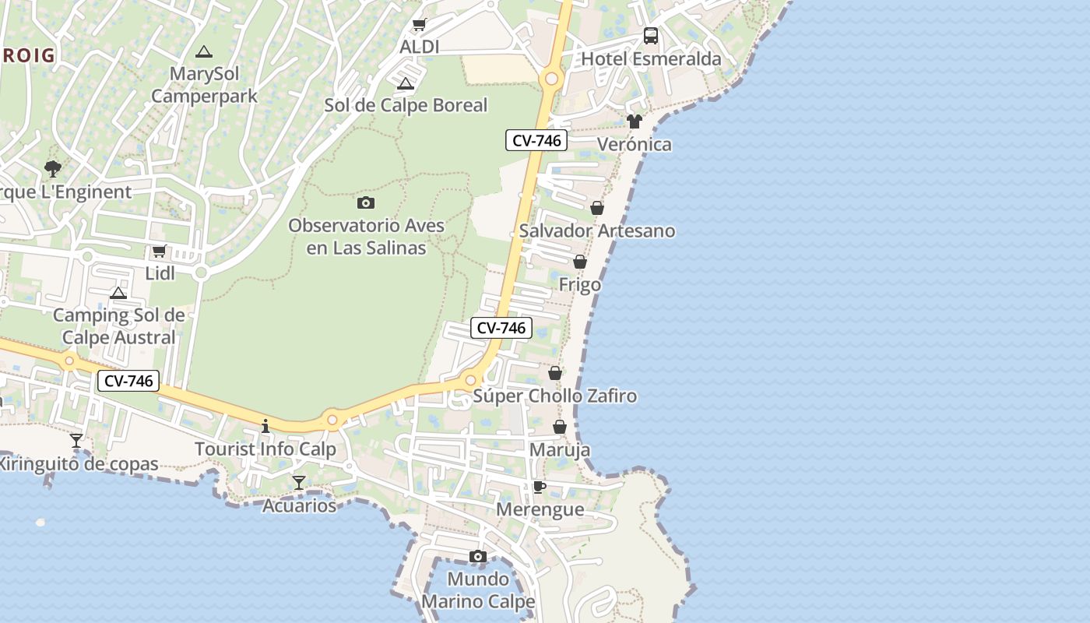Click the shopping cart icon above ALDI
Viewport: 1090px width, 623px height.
coord(419,25)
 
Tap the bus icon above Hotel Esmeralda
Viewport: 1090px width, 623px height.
coord(650,36)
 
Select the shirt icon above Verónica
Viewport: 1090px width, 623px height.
coord(635,121)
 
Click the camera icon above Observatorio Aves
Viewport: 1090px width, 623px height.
coord(365,203)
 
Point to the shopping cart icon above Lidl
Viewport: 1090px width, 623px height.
coord(160,251)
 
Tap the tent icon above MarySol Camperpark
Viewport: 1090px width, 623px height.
coord(204,52)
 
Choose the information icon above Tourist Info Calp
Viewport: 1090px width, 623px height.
coord(265,426)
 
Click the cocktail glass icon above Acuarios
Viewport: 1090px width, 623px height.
coord(299,483)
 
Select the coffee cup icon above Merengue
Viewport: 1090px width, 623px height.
coord(539,487)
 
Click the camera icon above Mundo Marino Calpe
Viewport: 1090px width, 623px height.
coord(478,556)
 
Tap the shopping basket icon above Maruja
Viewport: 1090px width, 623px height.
coord(559,427)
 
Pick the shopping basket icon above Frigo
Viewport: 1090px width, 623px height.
coord(580,262)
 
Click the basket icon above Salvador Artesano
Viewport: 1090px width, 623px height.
coord(597,208)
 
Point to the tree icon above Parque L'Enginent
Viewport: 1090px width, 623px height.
coord(53,168)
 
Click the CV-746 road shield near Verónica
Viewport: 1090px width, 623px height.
coord(536,141)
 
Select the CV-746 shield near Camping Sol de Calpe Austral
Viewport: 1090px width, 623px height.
coord(128,381)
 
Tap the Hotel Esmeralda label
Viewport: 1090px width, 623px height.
coord(651,59)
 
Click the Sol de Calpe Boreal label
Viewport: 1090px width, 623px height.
coord(406,105)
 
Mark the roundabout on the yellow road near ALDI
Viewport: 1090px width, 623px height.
coord(552,79)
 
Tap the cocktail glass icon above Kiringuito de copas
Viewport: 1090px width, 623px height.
coord(76,441)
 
